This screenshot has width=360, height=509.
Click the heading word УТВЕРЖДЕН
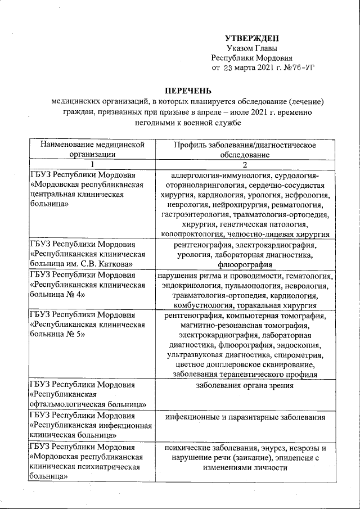click(251, 38)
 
